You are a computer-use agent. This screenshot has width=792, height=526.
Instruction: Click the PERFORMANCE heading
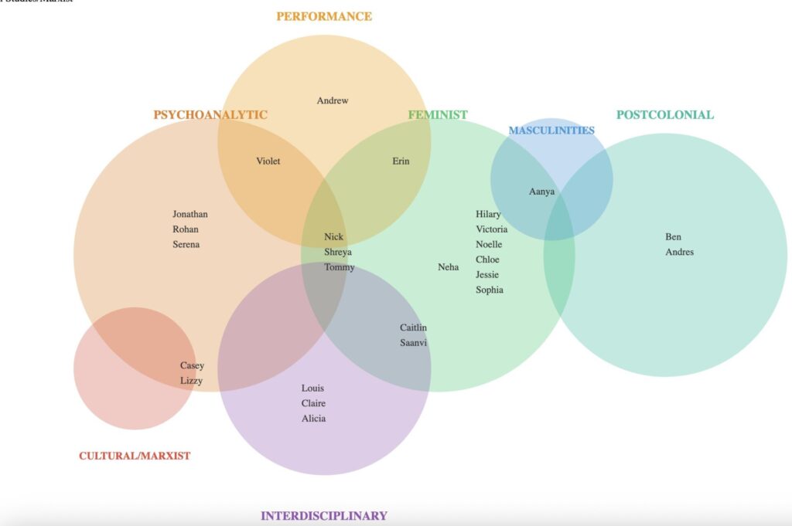click(324, 16)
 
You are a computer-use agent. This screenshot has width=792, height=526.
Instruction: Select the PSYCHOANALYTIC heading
click(210, 115)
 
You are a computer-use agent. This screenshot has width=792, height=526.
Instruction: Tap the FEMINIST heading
click(438, 115)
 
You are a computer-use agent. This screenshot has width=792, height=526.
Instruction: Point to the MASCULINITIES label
click(551, 131)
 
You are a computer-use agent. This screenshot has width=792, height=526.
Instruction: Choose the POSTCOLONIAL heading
click(665, 115)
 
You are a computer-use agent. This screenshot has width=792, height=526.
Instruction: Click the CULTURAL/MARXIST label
click(135, 456)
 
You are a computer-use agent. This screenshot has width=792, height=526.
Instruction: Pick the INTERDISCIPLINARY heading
click(324, 516)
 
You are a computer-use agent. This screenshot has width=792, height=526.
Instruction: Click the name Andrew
click(333, 100)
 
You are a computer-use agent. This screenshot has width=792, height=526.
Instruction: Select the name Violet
click(268, 161)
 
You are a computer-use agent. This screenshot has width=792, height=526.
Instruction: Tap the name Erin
click(401, 161)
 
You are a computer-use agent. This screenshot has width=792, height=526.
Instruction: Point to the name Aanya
click(541, 192)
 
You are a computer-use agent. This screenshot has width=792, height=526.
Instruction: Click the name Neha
click(448, 267)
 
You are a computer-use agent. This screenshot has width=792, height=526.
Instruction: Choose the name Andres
click(680, 252)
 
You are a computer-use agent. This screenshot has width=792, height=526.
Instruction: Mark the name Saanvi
click(413, 343)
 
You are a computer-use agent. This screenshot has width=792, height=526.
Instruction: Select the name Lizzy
click(191, 381)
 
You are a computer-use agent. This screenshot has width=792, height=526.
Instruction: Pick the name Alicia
click(313, 419)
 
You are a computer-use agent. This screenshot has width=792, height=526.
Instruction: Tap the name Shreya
click(338, 252)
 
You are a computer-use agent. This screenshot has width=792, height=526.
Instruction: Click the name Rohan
click(186, 229)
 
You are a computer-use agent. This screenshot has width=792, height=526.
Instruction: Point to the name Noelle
click(489, 245)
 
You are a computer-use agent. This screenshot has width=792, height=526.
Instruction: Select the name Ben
click(673, 237)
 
